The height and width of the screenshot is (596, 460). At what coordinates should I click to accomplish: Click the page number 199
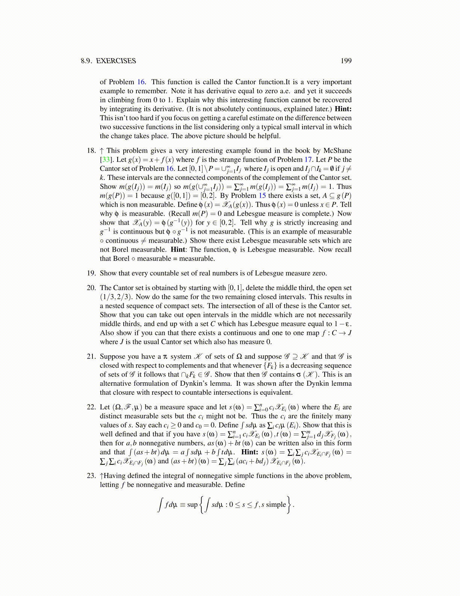[346, 61]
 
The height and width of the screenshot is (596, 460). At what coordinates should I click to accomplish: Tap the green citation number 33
[106, 160]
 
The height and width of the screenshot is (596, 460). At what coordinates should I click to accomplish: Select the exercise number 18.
[91, 151]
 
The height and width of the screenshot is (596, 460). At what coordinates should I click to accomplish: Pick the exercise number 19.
[91, 273]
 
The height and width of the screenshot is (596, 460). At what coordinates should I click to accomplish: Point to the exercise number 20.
[91, 288]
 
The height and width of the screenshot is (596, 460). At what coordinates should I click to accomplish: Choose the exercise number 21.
[91, 356]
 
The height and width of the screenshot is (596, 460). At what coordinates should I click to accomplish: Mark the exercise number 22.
[91, 407]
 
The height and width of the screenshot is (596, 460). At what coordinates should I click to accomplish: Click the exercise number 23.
[91, 476]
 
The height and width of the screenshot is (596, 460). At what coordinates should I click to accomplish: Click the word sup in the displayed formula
[192, 505]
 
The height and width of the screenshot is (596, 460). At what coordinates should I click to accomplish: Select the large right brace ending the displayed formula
[289, 505]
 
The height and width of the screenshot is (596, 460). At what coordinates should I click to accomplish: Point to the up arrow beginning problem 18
[102, 151]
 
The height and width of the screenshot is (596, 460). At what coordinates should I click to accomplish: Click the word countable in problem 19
[151, 273]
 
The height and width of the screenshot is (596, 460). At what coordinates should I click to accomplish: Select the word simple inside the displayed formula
[276, 505]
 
